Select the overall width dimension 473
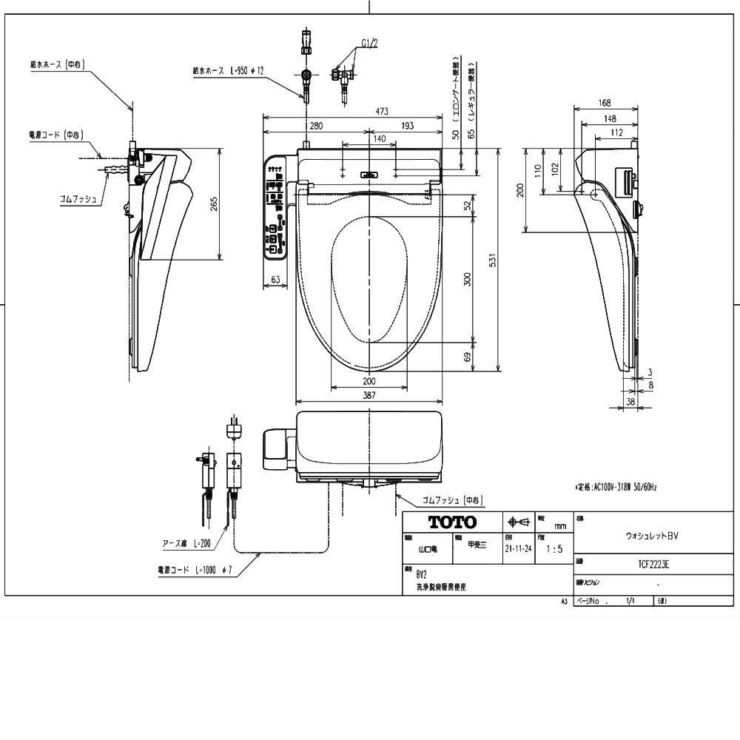(x=381, y=111)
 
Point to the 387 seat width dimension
(x=369, y=396)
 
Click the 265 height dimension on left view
(x=214, y=203)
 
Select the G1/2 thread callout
(x=369, y=44)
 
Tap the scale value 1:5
(x=554, y=550)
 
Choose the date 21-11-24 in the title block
(x=518, y=550)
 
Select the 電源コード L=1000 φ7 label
(x=195, y=571)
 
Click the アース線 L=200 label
(x=186, y=543)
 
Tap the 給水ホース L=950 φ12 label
(x=229, y=70)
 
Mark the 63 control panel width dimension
(x=275, y=280)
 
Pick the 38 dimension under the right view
(x=630, y=401)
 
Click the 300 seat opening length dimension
(x=467, y=279)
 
